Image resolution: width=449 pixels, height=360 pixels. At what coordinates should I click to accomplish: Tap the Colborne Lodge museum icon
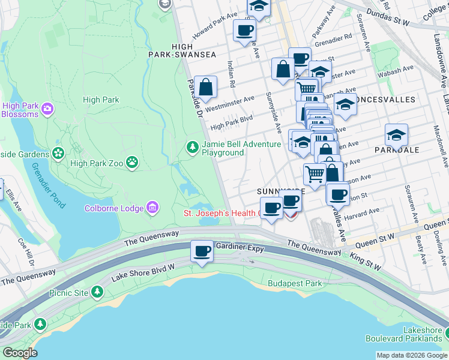click(x=152, y=208)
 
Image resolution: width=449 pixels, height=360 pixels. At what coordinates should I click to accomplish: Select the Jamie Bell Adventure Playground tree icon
click(x=192, y=147)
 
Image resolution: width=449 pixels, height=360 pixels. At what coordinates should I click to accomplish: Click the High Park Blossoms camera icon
click(x=47, y=109)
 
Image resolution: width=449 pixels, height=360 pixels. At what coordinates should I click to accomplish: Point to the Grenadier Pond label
click(x=48, y=185)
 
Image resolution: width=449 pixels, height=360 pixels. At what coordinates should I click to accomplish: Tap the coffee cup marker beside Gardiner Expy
click(x=202, y=250)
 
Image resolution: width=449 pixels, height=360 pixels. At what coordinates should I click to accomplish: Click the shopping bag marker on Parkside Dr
click(x=205, y=86)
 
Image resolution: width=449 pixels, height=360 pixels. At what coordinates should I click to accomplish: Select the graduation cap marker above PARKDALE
click(x=396, y=135)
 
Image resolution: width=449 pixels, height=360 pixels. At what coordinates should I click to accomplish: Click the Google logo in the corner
click(x=19, y=353)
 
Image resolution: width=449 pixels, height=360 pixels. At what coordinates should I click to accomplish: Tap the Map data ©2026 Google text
click(x=411, y=355)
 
